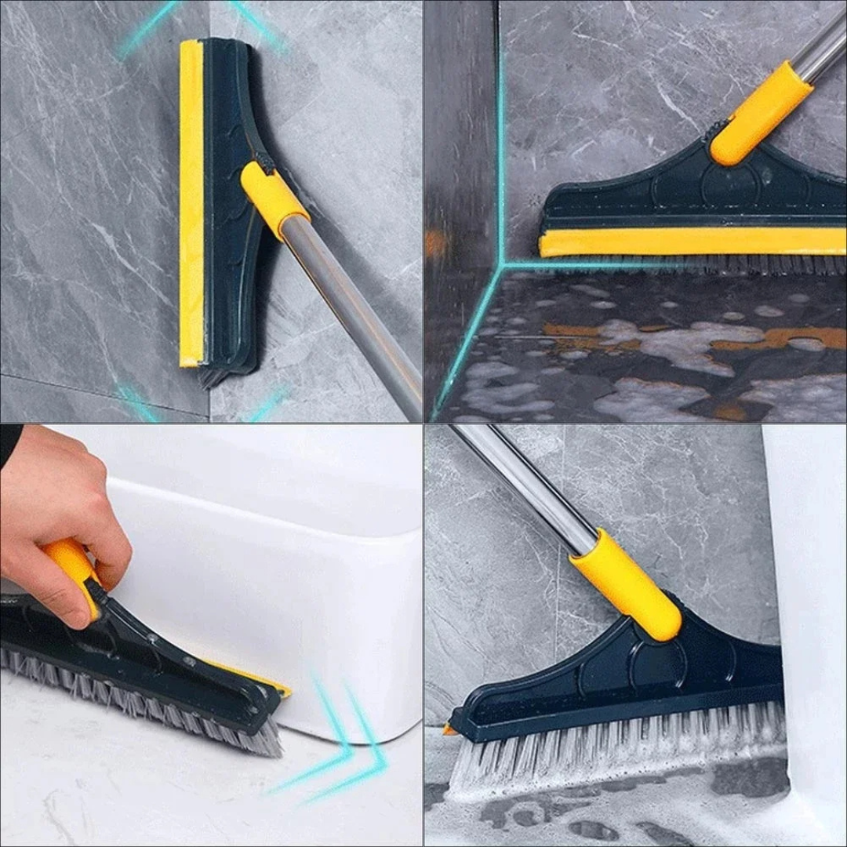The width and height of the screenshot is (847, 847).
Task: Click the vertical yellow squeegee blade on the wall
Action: click(191, 204)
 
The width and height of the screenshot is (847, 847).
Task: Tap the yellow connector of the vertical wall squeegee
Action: click(274, 200)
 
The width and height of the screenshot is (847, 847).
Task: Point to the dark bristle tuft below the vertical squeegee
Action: click(212, 378)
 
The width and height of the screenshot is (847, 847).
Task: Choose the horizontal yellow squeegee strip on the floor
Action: click(690, 242)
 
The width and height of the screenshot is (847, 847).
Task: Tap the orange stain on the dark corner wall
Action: click(436, 243)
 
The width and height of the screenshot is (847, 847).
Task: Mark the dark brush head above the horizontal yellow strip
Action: click(690, 196)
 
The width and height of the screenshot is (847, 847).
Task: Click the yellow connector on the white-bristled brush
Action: click(627, 584)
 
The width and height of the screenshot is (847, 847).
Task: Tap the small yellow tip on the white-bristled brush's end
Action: click(449, 730)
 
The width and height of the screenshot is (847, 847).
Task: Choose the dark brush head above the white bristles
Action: click(627, 682)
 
